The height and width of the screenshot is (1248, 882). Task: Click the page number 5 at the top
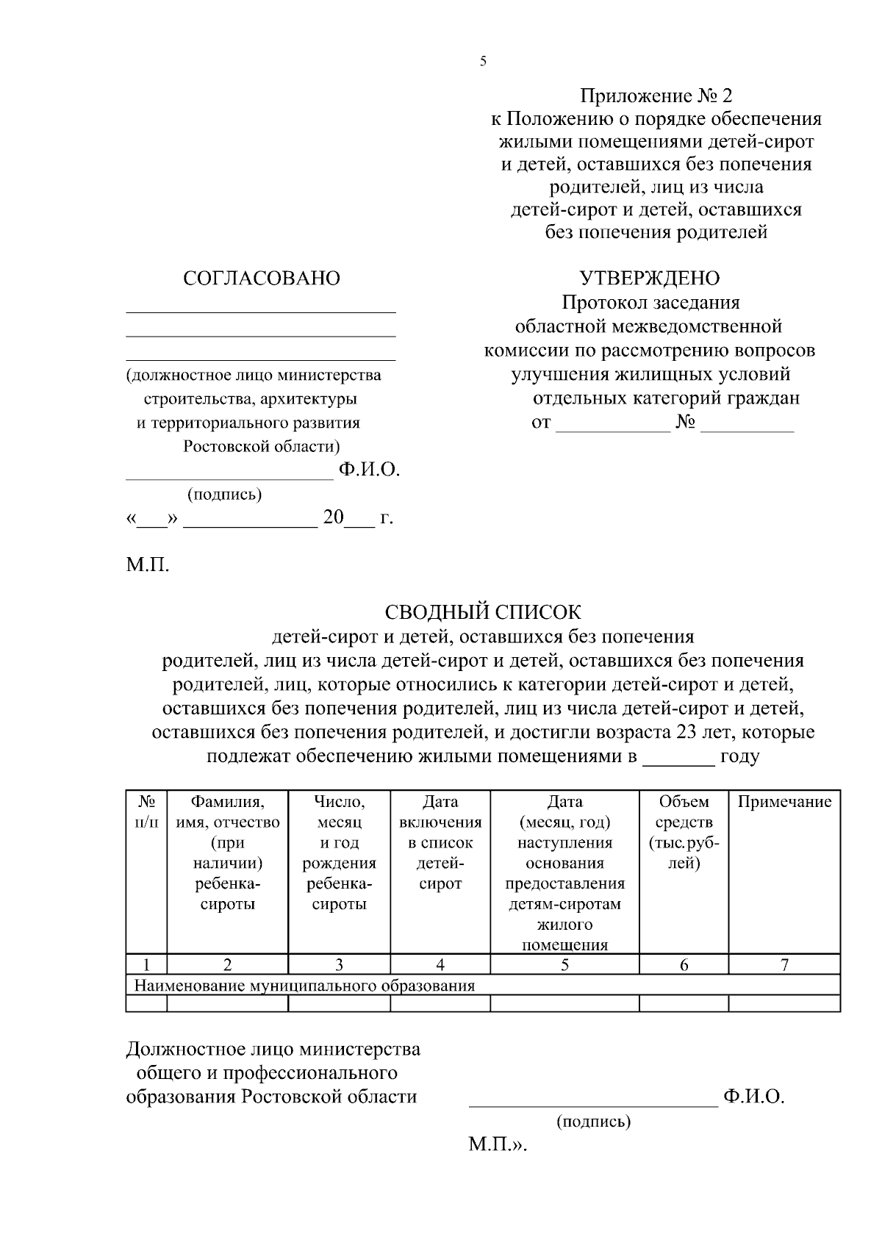tap(483, 62)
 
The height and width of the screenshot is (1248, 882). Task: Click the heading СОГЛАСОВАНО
tap(261, 279)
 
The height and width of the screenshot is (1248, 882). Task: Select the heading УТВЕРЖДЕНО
tap(650, 279)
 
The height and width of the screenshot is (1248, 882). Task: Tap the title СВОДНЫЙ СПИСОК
tap(483, 612)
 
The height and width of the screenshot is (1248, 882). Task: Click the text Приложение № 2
tap(656, 96)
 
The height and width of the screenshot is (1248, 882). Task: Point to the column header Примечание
tap(784, 802)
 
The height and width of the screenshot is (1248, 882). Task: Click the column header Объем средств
tap(684, 832)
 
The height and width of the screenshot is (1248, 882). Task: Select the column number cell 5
tap(564, 965)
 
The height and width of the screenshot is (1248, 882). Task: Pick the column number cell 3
tap(339, 965)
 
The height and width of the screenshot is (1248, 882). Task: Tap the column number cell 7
tap(784, 965)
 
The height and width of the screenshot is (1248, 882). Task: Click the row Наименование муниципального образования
tap(305, 986)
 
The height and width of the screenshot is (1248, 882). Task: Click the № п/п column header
tap(146, 811)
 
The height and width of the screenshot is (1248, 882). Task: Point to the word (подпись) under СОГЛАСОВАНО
tap(225, 495)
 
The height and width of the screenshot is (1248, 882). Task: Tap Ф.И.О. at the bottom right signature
tap(754, 1097)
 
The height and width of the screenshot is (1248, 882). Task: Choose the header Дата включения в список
tap(440, 842)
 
